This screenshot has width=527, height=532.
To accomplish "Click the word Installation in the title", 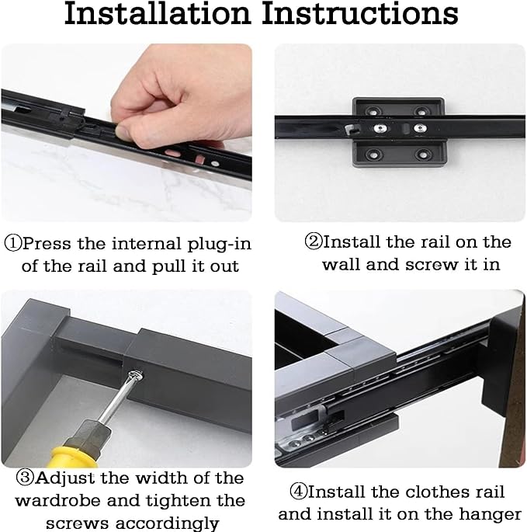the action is click(x=158, y=13).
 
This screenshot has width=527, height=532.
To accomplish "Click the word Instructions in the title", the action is click(x=360, y=13).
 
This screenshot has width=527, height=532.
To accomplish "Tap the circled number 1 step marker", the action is click(x=13, y=244).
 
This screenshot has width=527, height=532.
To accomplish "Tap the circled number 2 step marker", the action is click(x=313, y=242).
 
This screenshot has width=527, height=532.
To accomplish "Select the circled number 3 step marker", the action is click(x=25, y=478).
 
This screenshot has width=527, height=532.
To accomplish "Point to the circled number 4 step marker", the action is click(x=299, y=492).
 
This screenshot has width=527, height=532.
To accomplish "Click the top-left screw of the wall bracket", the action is click(x=374, y=111).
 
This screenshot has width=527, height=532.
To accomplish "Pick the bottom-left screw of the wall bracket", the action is click(x=374, y=155).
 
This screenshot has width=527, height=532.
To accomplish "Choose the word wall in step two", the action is click(x=342, y=264).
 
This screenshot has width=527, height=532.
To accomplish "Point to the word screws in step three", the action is click(x=78, y=523).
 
